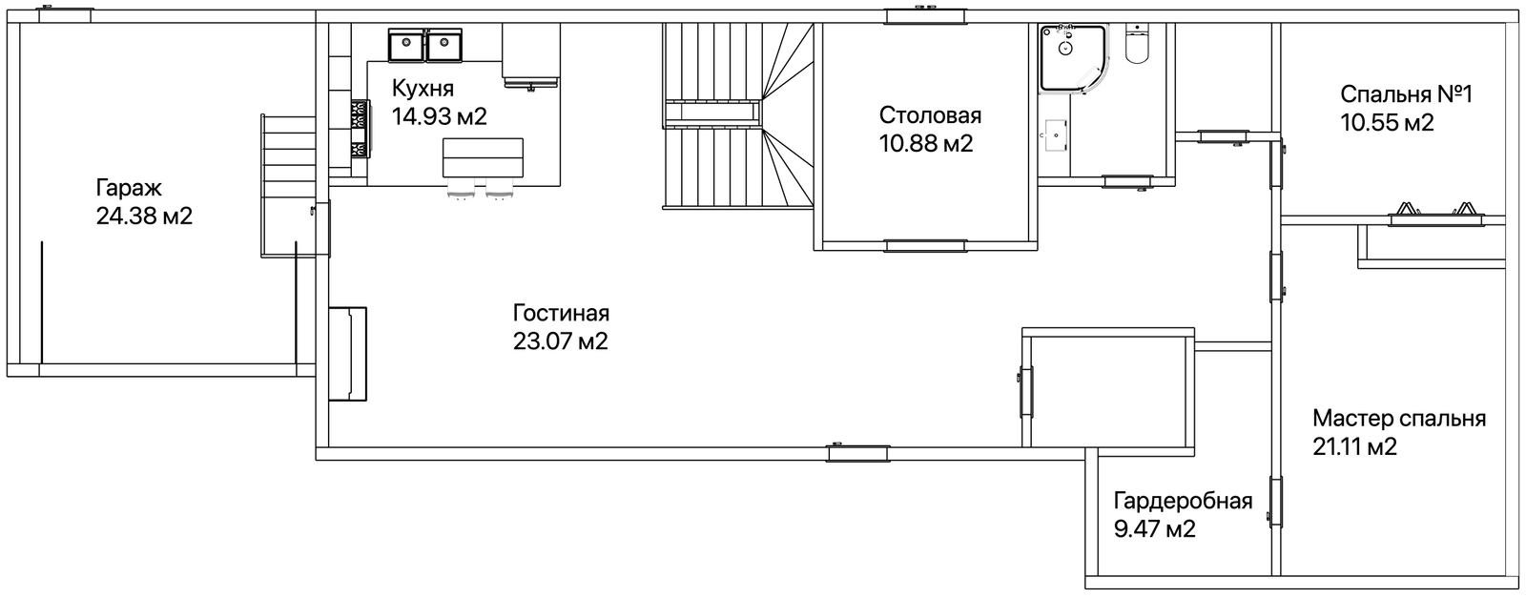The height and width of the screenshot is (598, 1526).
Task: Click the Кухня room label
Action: tap(423, 89)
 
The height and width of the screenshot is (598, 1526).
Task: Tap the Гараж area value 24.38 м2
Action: tap(144, 217)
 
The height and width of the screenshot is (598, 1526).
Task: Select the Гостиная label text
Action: tap(561, 313)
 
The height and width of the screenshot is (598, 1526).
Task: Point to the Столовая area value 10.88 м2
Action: tap(926, 144)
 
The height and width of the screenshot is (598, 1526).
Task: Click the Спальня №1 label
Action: tap(1406, 94)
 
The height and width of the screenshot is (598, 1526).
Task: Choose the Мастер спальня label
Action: tap(1399, 418)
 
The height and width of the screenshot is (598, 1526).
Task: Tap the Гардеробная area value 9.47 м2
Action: tap(1155, 529)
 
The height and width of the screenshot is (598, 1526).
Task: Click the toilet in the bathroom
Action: tap(1137, 44)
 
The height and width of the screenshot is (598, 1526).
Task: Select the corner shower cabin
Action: tap(1074, 57)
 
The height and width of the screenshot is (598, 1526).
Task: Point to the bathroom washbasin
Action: tap(1054, 135)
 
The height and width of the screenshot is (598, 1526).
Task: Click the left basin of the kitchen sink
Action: tap(406, 45)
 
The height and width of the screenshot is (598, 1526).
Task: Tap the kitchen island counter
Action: tap(483, 158)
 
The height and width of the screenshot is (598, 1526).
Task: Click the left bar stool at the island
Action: tap(461, 191)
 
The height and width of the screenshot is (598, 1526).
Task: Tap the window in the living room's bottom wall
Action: tap(858, 453)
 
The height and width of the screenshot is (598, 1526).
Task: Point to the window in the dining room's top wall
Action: tap(926, 16)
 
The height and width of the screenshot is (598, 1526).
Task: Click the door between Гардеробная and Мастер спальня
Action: tap(1277, 502)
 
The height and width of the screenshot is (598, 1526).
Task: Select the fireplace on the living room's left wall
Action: tap(348, 354)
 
